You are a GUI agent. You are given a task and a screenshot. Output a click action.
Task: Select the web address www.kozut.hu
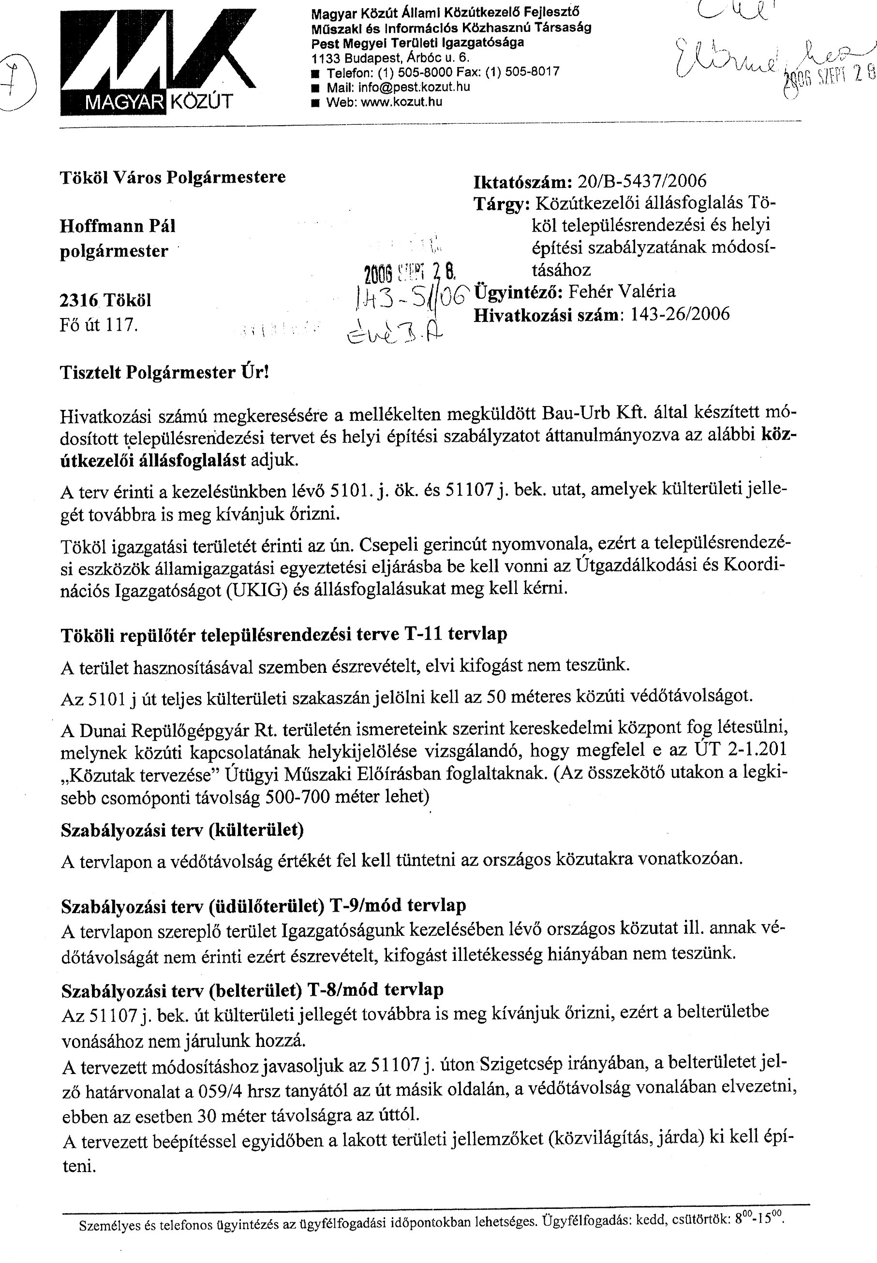click(x=401, y=102)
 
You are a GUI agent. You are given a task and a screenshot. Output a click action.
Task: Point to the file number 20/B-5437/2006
click(x=640, y=181)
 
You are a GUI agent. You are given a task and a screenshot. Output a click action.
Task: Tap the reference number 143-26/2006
click(x=680, y=314)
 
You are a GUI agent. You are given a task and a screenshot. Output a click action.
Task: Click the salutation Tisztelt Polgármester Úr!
click(x=164, y=373)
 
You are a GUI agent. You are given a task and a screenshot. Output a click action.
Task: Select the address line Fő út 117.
click(x=98, y=325)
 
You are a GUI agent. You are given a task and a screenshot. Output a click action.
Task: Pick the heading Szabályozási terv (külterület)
click(x=182, y=830)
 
